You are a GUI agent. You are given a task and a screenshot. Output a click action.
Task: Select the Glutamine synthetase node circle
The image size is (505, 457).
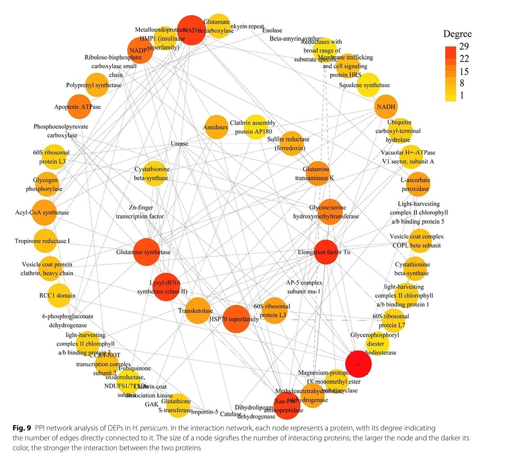point(147,252)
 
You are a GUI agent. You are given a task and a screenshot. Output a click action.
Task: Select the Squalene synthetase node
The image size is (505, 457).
point(370,85)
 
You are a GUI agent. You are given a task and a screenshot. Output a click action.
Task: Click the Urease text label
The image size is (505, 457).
point(179,144)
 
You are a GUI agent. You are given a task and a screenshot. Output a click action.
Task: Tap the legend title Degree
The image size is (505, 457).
point(457,34)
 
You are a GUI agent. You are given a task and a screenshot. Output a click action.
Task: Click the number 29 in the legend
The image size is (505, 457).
point(464,48)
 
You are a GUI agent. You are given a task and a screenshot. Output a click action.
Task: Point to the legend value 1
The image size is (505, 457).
point(462,95)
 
